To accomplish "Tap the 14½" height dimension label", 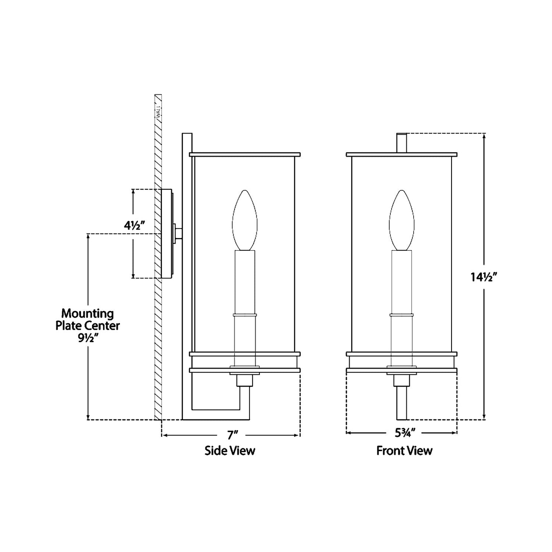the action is click(x=484, y=277).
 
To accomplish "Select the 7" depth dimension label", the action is click(x=231, y=435).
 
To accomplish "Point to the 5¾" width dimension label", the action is click(x=405, y=433).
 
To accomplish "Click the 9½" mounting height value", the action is click(x=87, y=338).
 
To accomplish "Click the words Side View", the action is click(x=230, y=451).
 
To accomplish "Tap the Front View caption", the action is click(x=405, y=451).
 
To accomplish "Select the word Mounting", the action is click(x=87, y=314).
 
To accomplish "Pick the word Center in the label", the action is click(x=104, y=326).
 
